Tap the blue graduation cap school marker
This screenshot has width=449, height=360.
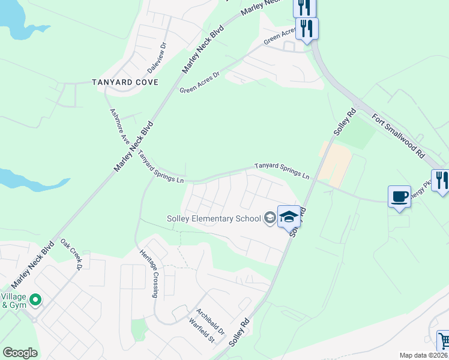[289, 217]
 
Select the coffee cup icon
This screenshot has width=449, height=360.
[399, 197]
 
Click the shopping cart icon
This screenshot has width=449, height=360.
[443, 341]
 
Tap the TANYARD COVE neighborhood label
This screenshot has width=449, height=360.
[125, 82]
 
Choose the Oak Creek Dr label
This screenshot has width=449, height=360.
[71, 255]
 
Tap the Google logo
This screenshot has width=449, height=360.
[20, 353]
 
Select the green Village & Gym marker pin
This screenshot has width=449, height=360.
[35, 299]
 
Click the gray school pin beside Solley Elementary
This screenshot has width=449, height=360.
[270, 218]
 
